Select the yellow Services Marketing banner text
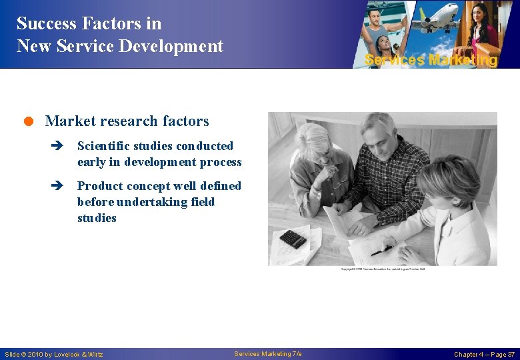pos(431,60)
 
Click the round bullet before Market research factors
pos(29,121)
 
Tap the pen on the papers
pos(381,251)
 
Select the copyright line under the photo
pos(383,269)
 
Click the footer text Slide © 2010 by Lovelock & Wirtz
pos(54,354)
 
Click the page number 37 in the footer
pos(510,354)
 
